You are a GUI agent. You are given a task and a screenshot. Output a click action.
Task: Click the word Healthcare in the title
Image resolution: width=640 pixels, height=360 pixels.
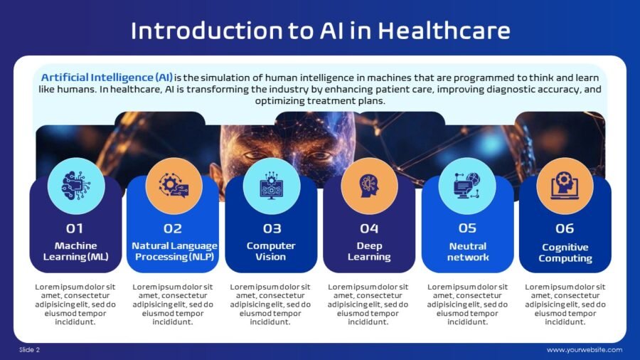pyautogui.click(x=444, y=31)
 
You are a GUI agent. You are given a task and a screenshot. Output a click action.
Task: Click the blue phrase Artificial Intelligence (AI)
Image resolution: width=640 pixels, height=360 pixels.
pyautogui.click(x=107, y=78)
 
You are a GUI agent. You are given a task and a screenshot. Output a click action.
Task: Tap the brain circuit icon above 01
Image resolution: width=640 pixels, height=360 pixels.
pyautogui.click(x=76, y=186)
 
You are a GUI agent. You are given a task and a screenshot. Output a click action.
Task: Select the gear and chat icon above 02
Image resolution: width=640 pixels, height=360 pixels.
pyautogui.click(x=174, y=185)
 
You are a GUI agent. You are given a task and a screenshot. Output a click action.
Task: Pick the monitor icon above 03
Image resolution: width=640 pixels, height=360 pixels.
pyautogui.click(x=272, y=186)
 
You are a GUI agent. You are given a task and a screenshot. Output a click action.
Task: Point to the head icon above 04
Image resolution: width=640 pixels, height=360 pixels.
pyautogui.click(x=369, y=186)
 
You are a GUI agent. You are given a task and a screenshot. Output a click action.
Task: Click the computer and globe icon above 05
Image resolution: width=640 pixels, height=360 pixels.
pyautogui.click(x=467, y=186)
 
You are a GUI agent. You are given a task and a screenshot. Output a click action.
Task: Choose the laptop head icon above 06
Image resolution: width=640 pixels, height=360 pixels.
pyautogui.click(x=565, y=186)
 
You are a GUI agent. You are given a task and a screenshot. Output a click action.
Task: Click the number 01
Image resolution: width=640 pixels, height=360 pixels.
pyautogui.click(x=75, y=228)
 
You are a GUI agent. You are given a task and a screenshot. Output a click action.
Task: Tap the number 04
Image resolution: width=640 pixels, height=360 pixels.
pyautogui.click(x=369, y=228)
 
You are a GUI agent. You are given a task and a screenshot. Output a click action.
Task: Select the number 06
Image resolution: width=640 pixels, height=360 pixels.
pyautogui.click(x=565, y=228)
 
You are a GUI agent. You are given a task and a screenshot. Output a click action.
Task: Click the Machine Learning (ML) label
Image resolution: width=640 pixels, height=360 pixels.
pyautogui.click(x=76, y=251)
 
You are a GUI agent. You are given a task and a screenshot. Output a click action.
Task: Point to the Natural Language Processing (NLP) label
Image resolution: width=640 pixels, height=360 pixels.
pyautogui.click(x=174, y=251)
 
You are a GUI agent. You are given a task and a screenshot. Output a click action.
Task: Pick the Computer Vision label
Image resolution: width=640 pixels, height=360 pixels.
pyautogui.click(x=271, y=251)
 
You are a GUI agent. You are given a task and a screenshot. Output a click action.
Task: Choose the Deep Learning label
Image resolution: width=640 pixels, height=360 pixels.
pyautogui.click(x=369, y=251)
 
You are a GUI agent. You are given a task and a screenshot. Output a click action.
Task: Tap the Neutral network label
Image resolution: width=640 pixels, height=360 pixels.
pyautogui.click(x=468, y=251)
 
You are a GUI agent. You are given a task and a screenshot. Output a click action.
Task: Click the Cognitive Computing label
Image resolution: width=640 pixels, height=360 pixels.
pyautogui.click(x=565, y=253)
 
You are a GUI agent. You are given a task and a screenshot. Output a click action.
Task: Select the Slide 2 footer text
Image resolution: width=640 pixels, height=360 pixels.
pyautogui.click(x=29, y=350)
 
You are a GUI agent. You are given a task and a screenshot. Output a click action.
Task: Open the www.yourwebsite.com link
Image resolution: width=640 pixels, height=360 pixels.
pyautogui.click(x=585, y=350)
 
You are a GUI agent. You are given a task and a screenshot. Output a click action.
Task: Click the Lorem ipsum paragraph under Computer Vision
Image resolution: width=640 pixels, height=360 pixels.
pyautogui.click(x=270, y=305)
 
